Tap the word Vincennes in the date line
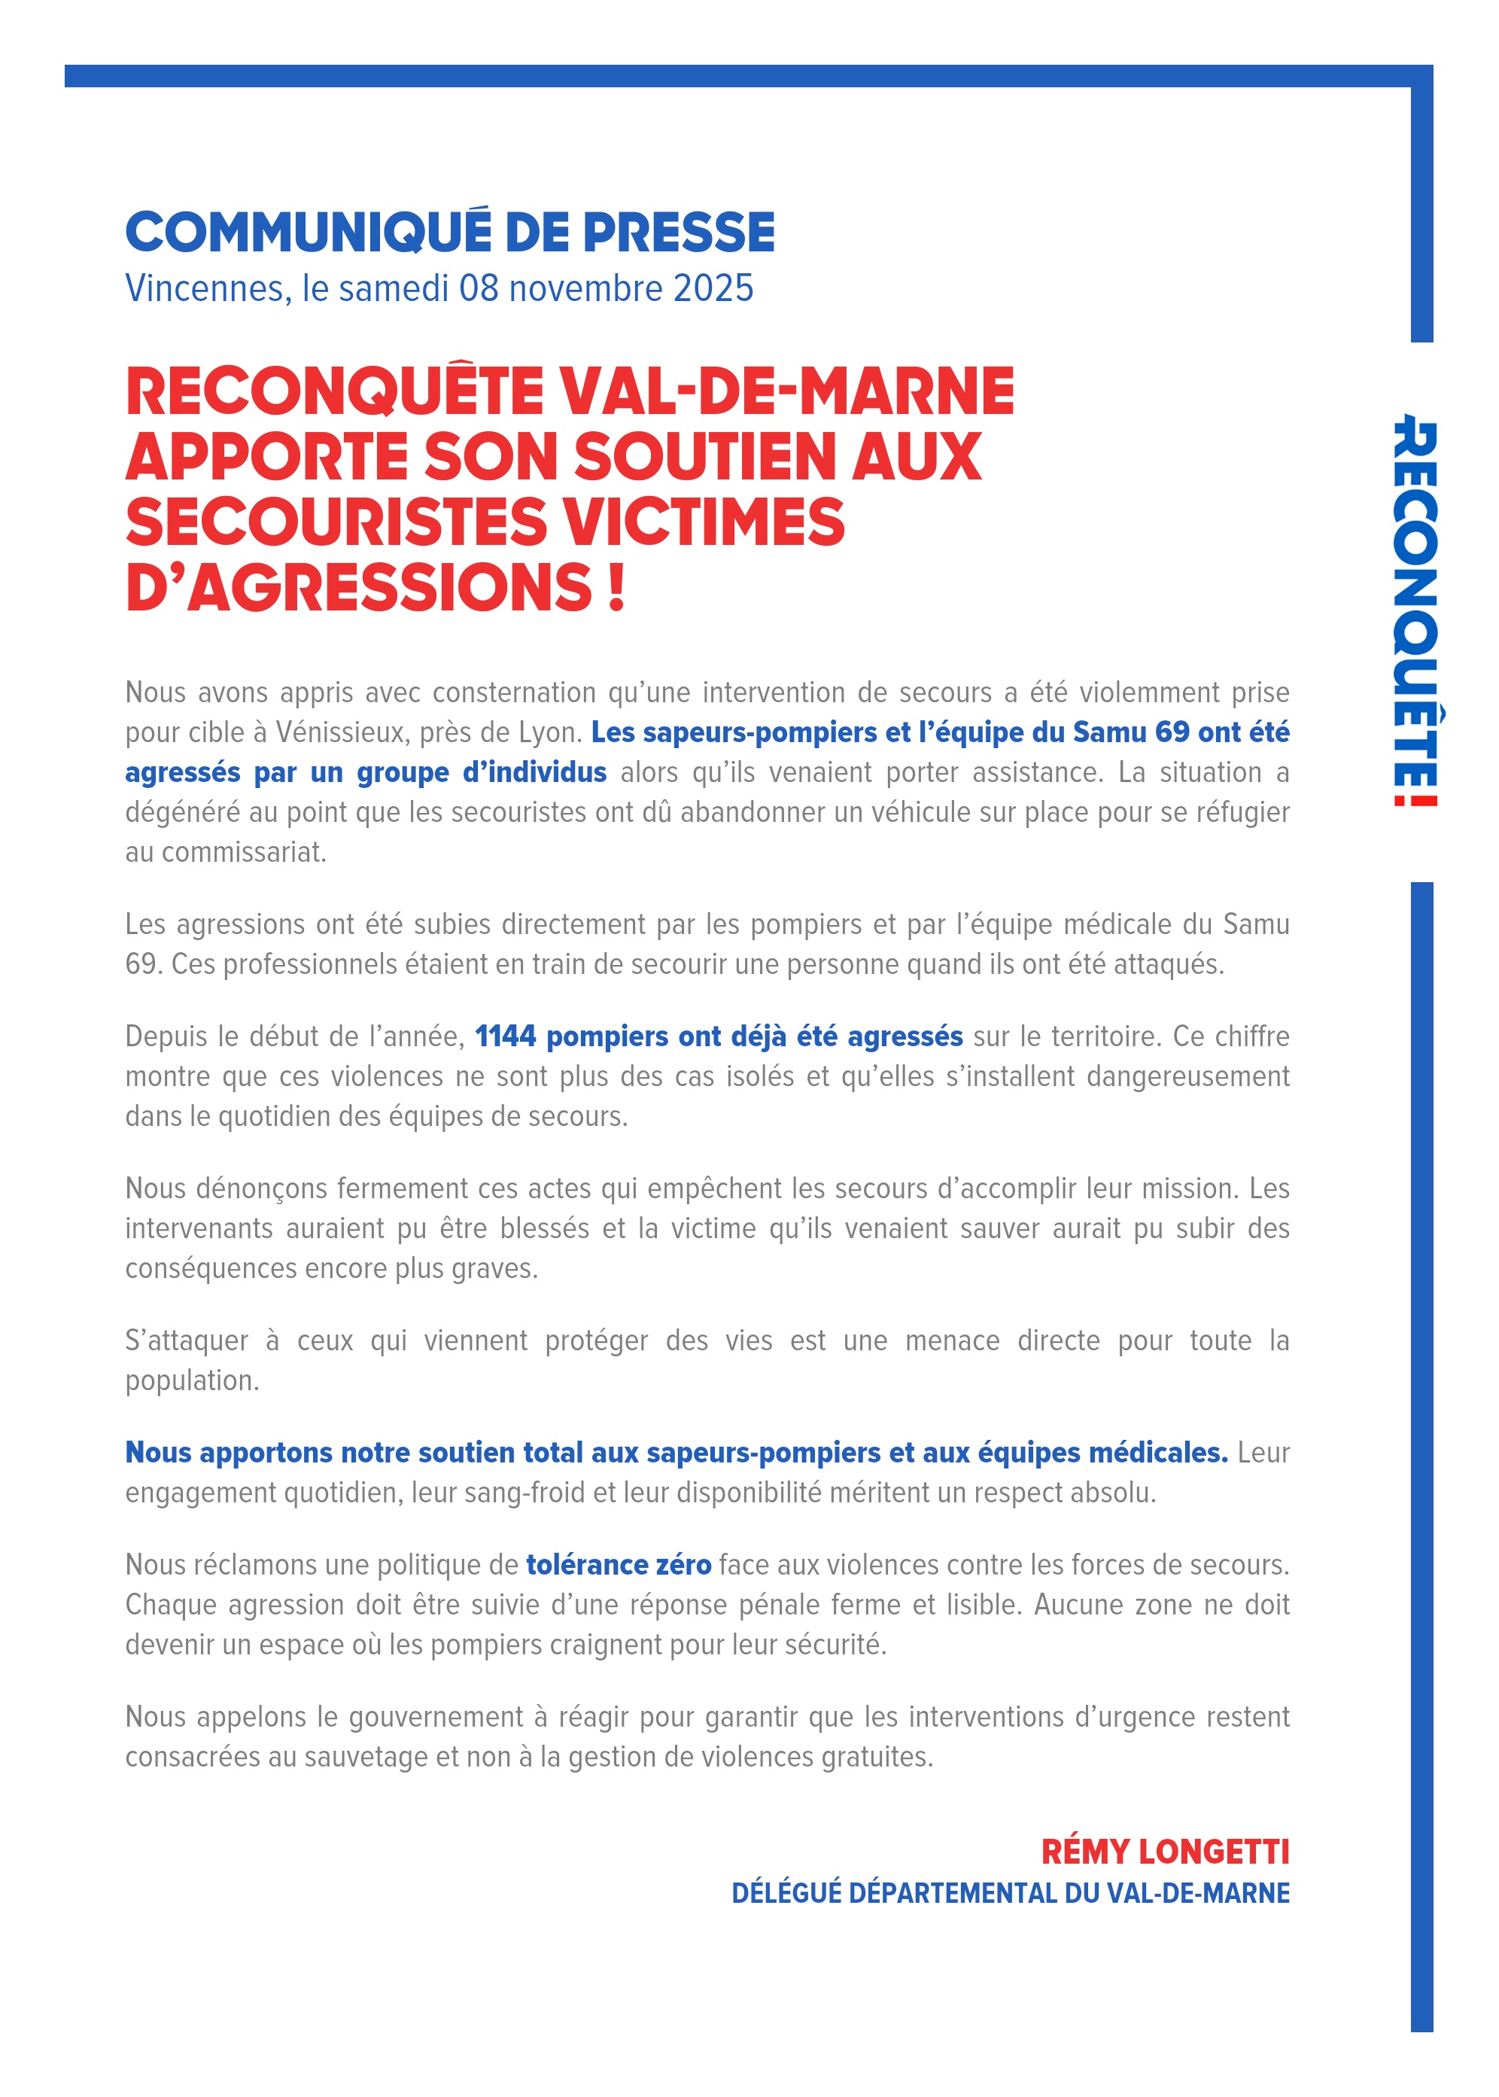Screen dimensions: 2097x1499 [204, 289]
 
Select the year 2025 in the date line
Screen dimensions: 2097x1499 [713, 289]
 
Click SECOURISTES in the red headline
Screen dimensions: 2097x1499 [337, 522]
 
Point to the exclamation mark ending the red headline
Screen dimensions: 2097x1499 [616, 588]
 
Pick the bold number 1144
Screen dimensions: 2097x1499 [505, 1036]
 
